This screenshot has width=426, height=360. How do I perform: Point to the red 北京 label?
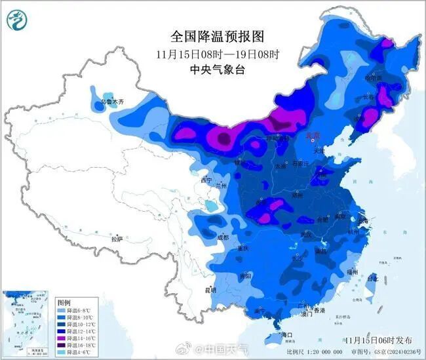coord(313,136)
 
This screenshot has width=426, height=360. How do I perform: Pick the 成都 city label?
coord(222,238)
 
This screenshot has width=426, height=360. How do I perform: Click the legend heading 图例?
coord(64,303)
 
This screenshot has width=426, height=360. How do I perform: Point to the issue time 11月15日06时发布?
coord(379,340)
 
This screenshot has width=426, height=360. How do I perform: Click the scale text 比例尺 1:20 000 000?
coord(326,351)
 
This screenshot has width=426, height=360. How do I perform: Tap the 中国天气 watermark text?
coord(227,348)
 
